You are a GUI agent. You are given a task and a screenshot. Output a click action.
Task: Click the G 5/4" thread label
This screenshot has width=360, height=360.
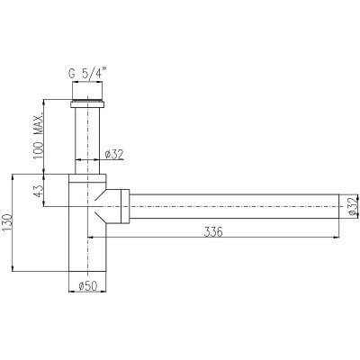[87, 74]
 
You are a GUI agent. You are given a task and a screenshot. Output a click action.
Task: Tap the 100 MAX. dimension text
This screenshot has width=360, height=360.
[39, 137]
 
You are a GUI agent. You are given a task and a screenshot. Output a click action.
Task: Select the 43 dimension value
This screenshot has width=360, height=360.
[39, 191]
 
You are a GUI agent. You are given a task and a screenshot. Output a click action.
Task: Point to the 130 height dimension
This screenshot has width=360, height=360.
[8, 223]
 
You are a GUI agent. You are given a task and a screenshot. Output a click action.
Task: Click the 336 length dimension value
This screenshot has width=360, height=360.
[213, 232]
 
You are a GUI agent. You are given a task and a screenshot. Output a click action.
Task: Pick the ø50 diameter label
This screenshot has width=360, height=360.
[88, 286]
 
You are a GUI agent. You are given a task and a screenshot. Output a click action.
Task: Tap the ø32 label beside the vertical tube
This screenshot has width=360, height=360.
[114, 155]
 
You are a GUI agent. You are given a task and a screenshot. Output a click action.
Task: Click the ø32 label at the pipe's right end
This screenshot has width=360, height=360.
[354, 205]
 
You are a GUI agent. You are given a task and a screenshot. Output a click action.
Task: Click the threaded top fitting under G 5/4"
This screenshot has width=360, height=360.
[87, 90]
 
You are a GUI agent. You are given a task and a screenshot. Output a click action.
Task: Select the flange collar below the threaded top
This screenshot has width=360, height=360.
[87, 104]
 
